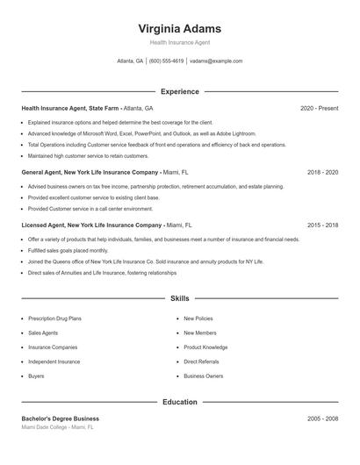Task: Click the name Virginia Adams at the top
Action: point(179,28)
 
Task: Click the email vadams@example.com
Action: point(216,61)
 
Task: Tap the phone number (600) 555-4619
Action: point(166,61)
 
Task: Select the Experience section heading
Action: point(179,91)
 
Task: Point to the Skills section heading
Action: point(179,298)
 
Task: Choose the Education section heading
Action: point(179,402)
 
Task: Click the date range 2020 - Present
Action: point(319,108)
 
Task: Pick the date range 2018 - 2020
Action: point(322,173)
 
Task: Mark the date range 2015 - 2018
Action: point(322,225)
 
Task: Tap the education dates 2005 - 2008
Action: point(322,418)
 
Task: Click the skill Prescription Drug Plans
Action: point(55,319)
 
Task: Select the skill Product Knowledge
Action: point(205,347)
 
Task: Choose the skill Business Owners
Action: point(203,376)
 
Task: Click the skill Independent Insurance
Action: point(54,361)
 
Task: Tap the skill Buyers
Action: point(36,376)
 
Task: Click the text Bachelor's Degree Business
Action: point(61,418)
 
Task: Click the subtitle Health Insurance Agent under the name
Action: point(179,42)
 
